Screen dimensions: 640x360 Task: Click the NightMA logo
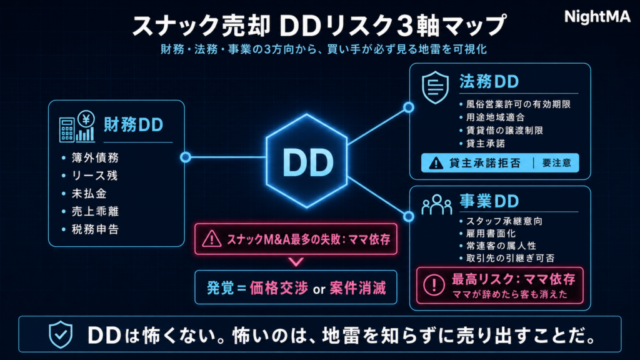click(597, 17)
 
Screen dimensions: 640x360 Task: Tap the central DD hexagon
click(306, 161)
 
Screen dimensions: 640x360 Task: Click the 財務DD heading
click(133, 125)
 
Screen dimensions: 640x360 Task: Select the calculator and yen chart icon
click(77, 126)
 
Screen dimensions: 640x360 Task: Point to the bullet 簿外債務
click(95, 157)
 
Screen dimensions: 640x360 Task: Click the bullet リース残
click(95, 176)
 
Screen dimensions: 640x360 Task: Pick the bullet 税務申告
click(95, 229)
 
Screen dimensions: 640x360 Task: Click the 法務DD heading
click(489, 82)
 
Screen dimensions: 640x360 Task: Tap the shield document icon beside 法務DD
click(435, 87)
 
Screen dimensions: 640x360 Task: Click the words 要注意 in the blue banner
click(557, 163)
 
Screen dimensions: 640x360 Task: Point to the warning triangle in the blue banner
click(436, 163)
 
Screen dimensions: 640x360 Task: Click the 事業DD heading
click(489, 201)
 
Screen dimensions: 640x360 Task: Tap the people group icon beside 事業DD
click(437, 204)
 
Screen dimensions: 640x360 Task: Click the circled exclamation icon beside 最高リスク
click(434, 284)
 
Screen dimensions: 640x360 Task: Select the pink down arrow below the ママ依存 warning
click(296, 262)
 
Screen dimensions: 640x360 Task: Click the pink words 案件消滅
click(357, 288)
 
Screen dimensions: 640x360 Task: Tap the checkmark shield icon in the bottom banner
click(61, 334)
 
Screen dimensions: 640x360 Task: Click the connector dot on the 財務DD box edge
click(185, 157)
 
